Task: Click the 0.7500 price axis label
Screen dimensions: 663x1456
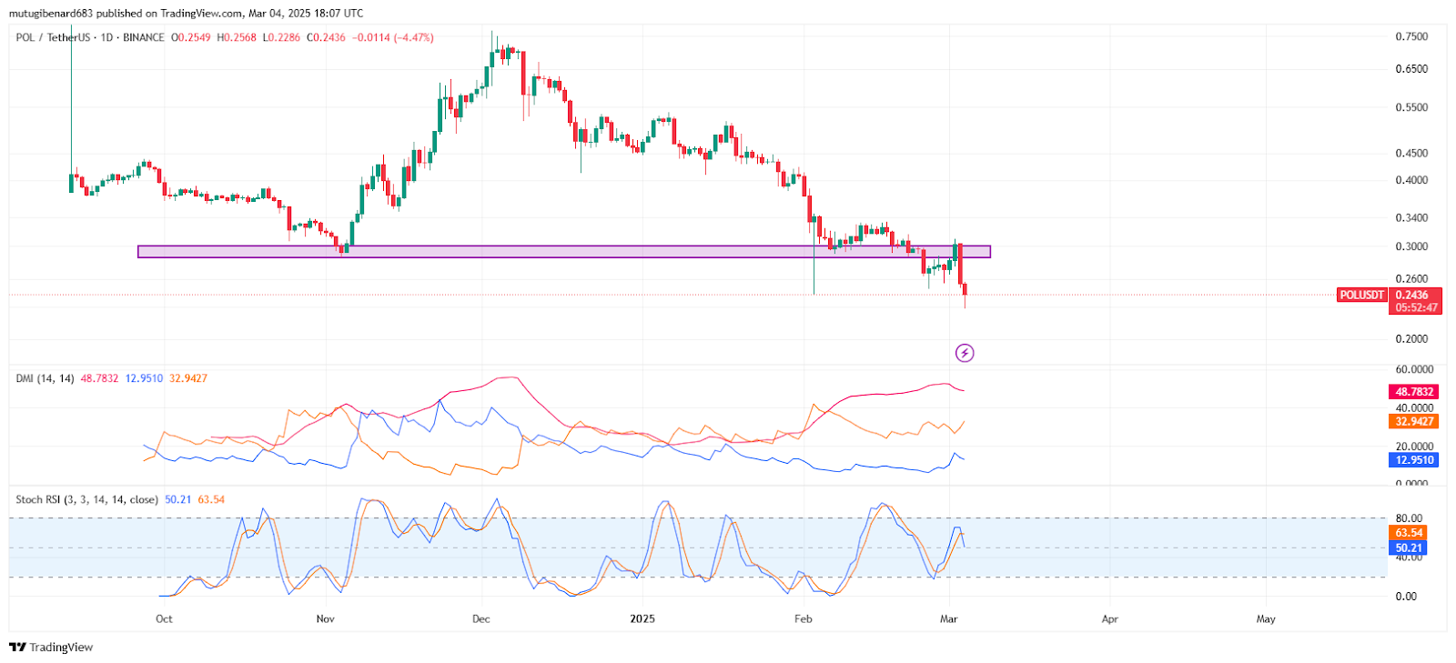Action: tap(1411, 36)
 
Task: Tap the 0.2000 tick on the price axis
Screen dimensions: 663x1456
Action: tap(1411, 338)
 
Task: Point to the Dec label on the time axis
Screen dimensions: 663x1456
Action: tap(481, 618)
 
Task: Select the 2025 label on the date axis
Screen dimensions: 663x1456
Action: tap(642, 618)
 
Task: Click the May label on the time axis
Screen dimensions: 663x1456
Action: tap(1266, 618)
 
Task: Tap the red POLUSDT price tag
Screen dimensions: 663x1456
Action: tap(1362, 295)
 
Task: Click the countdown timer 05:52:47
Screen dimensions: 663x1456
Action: tap(1415, 307)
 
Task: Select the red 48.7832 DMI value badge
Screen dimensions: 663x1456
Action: tap(1414, 392)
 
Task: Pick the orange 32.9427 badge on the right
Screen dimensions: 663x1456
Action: tap(1414, 421)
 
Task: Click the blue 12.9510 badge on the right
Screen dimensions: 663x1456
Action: tap(1414, 460)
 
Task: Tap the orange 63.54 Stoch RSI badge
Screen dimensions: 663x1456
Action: tap(1409, 533)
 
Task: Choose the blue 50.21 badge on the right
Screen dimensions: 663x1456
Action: tap(1409, 547)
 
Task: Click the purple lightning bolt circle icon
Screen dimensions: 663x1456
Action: tap(965, 353)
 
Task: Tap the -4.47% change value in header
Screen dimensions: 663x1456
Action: tap(413, 37)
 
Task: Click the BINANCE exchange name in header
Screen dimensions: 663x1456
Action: tap(144, 37)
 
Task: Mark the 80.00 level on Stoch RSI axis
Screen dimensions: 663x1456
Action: tap(1409, 518)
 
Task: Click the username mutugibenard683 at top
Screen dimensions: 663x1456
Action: tap(52, 13)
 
